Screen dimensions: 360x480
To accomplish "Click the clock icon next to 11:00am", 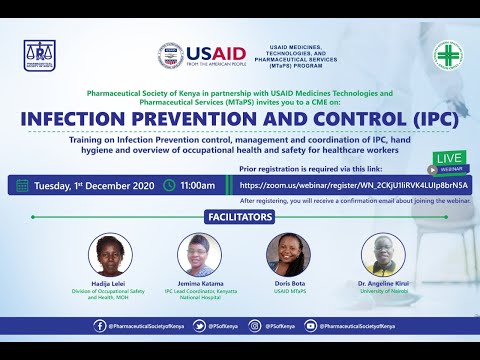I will tap(170, 185).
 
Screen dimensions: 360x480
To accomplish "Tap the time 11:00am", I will tap(198, 185).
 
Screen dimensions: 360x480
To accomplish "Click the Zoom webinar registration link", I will tap(353, 185).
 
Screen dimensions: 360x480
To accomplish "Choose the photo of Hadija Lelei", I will tap(110, 254).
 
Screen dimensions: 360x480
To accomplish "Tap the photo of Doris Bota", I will tap(287, 254).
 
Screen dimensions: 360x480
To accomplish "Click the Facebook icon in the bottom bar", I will tap(100, 325).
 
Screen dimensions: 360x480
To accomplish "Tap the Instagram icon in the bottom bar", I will tap(256, 325).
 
